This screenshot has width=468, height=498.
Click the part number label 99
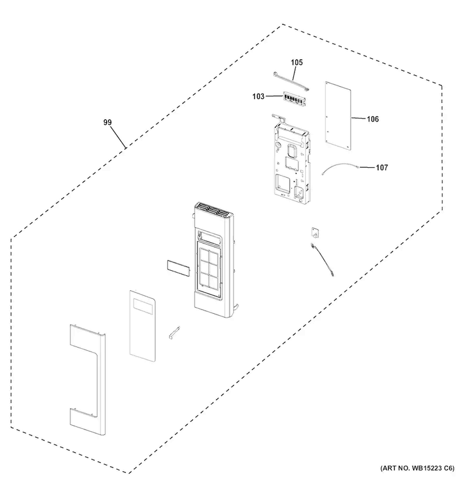click(107, 122)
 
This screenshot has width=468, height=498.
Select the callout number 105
click(297, 62)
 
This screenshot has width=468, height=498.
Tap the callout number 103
click(258, 96)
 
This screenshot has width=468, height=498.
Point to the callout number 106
click(373, 119)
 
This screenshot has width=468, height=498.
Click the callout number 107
click(382, 167)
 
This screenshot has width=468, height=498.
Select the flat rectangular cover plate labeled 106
click(338, 116)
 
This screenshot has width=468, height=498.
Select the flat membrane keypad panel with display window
click(142, 326)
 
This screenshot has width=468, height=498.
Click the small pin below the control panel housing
click(174, 333)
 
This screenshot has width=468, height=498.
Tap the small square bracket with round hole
click(315, 233)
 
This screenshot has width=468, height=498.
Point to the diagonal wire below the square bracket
click(322, 259)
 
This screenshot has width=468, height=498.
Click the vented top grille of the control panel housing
click(212, 210)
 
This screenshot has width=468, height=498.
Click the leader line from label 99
click(117, 137)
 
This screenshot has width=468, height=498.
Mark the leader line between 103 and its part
click(274, 96)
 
